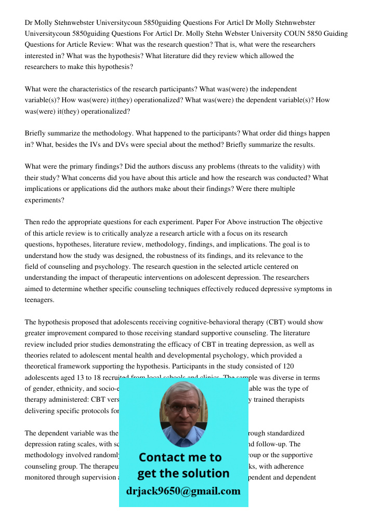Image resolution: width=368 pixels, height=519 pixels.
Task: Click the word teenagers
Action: pyautogui.click(x=40, y=299)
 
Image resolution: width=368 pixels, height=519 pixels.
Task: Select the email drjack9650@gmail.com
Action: pyautogui.click(x=183, y=490)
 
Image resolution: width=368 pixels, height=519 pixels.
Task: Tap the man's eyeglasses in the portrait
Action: pyautogui.click(x=183, y=408)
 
